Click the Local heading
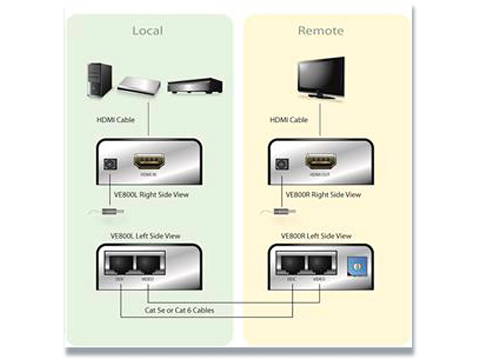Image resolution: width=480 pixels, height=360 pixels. (x=148, y=31)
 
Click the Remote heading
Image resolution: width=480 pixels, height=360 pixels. (x=320, y=31)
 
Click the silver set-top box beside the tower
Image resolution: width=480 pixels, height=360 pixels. (x=139, y=84)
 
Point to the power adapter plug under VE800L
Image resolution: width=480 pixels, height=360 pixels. (x=112, y=211)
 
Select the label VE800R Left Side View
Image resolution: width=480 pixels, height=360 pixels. (x=316, y=236)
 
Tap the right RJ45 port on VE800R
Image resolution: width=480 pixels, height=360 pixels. (x=320, y=264)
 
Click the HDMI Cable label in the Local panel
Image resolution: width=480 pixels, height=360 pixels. (x=116, y=120)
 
